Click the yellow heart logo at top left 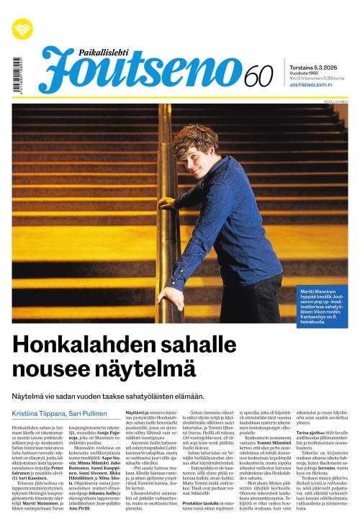22,28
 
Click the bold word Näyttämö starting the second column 137,412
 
